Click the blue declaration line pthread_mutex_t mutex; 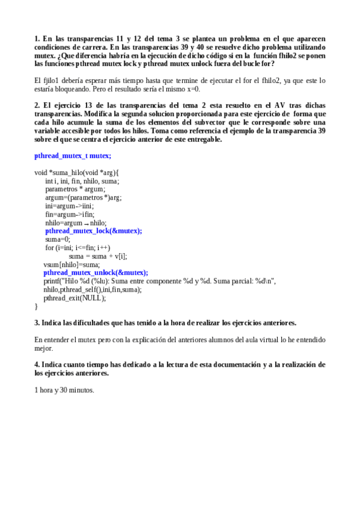pos(73,156)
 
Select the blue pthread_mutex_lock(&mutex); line pos(94,230)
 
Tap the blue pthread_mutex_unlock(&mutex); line pos(96,272)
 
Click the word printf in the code pos(52,281)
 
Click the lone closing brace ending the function pos(36,306)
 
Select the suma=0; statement pos(58,239)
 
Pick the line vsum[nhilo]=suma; pos(72,264)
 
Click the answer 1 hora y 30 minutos pos(64,389)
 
